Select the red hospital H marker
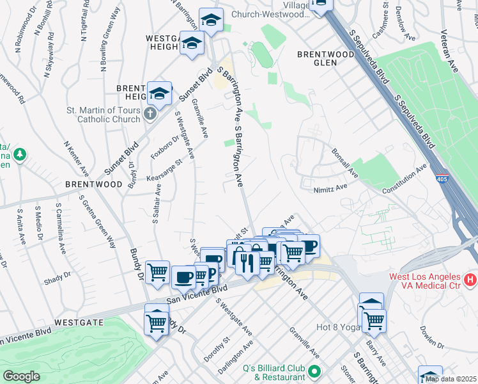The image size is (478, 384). (470, 280)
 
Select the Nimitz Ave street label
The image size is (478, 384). (330, 188)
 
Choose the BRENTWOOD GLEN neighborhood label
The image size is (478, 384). (326, 58)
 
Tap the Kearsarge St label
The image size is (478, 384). (164, 170)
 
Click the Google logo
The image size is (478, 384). (21, 376)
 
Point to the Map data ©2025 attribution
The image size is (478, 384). (451, 379)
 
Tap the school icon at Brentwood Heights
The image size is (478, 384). (159, 93)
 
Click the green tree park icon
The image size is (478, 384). (20, 154)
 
